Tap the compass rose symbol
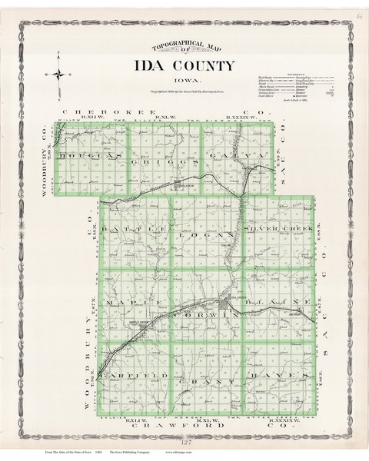click(58, 75)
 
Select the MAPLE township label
click(128, 302)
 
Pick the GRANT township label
click(201, 381)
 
